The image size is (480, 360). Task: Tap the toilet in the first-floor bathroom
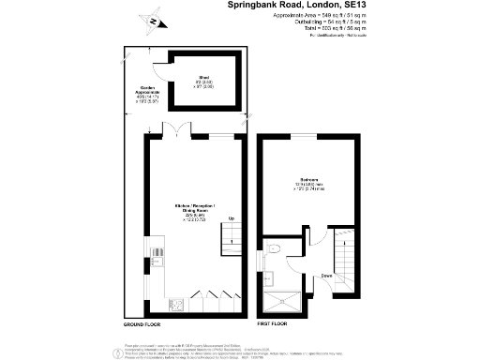(269, 275)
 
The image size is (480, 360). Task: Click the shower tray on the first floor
(283, 300)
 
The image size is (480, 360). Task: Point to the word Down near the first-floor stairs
(326, 277)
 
